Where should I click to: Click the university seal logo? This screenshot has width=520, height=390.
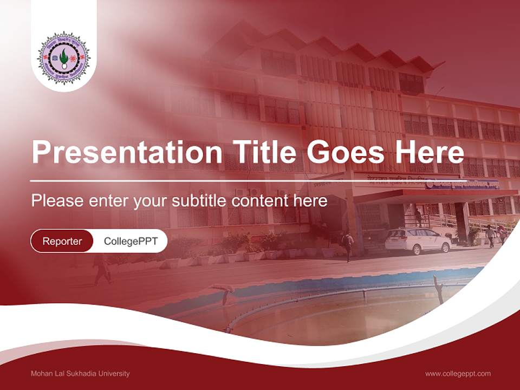[64, 57]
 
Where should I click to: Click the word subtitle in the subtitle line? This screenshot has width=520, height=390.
[199, 201]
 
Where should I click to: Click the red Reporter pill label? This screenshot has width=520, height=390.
[62, 241]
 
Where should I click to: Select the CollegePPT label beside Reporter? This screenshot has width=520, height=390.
[131, 241]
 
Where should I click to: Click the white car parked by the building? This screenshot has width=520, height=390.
[418, 240]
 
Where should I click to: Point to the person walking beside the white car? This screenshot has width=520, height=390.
[348, 245]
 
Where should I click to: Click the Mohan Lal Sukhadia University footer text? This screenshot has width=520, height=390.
[80, 374]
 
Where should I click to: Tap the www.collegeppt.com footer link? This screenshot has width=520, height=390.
[458, 374]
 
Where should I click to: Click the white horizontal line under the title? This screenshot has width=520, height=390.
[217, 180]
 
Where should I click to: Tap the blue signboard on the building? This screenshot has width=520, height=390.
[461, 185]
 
